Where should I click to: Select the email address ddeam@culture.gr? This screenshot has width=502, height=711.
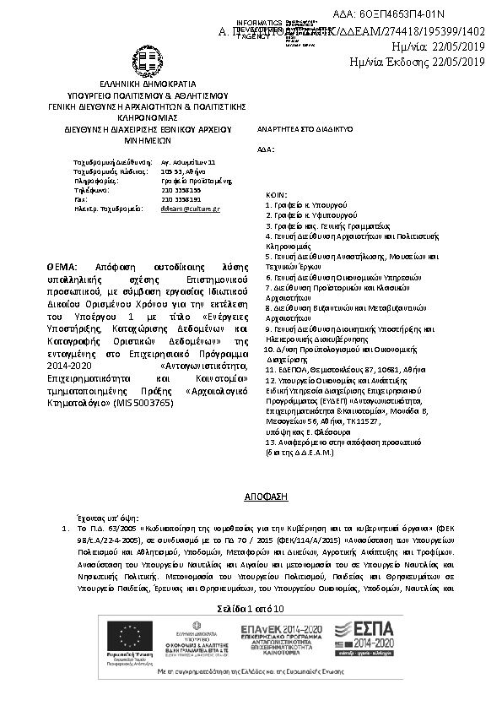point(190,207)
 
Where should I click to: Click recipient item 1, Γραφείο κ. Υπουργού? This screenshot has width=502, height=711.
point(303,204)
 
